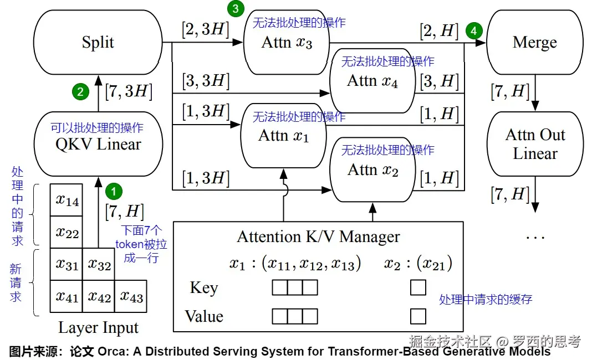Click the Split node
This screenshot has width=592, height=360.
point(98,42)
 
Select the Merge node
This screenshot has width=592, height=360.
point(534,42)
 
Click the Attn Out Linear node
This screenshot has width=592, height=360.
point(534,144)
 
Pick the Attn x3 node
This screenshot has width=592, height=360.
point(286,42)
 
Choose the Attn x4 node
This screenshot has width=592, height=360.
point(372,81)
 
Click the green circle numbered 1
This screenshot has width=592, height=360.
point(113,192)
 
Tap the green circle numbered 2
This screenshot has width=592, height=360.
point(80,92)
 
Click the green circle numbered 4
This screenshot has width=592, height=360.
point(473,31)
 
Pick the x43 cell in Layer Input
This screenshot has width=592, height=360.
point(131,297)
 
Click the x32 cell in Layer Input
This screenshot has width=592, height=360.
point(99,265)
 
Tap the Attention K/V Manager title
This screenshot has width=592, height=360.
point(318,237)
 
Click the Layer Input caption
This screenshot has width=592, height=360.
point(98,328)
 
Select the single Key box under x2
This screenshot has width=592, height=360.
point(418,287)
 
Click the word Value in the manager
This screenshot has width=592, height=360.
point(204,316)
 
